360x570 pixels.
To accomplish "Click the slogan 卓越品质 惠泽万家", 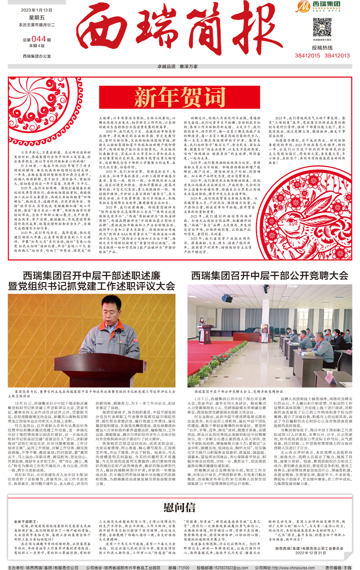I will (x=180, y=67).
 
